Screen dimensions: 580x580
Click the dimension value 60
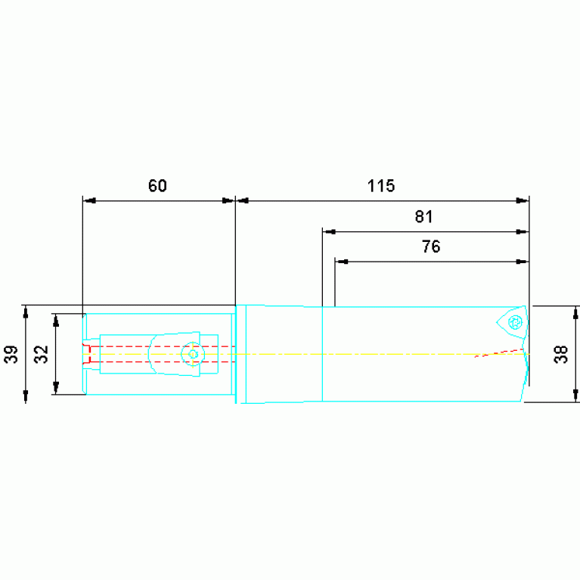pos(157,185)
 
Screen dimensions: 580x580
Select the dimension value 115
pos(381,185)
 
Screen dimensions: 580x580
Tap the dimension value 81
pos(424,216)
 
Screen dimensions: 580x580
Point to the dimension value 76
pos(431,247)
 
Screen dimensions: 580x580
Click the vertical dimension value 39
pos(11,355)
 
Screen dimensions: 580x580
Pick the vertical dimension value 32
pos(42,355)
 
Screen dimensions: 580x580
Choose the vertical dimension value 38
pos(561,355)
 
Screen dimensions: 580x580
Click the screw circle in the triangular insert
pos(515,322)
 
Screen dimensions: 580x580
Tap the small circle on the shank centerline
pos(193,354)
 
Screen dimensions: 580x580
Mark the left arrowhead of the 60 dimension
pos(89,201)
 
